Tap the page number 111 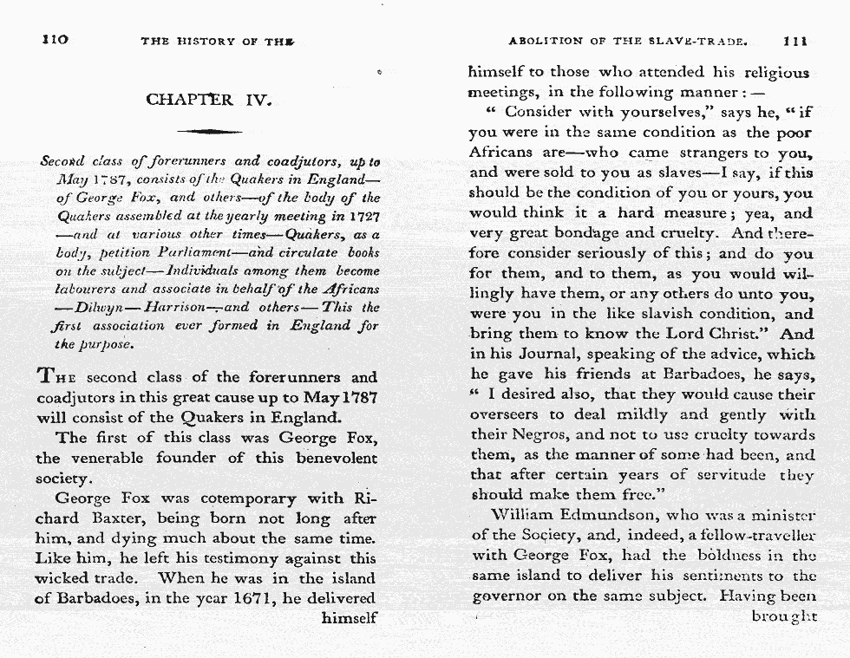[x=794, y=40]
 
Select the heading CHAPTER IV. [x=209, y=99]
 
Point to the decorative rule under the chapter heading [x=209, y=131]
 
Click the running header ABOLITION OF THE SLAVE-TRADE [x=628, y=40]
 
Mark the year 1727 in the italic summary [x=362, y=214]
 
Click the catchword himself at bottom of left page [x=349, y=618]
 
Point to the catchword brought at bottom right [x=783, y=616]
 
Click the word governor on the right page [x=507, y=596]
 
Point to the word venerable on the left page [x=114, y=458]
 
